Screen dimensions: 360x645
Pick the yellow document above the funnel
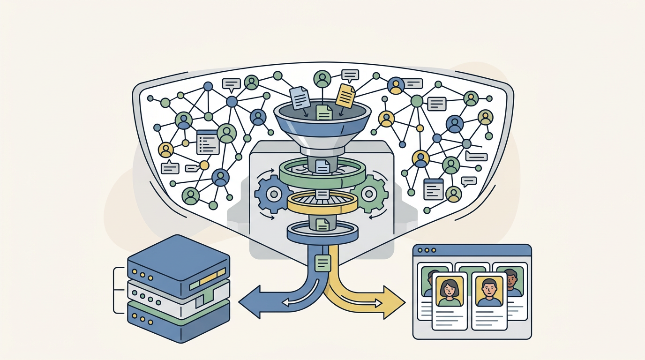click(346, 96)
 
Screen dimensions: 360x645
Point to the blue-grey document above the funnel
click(300, 98)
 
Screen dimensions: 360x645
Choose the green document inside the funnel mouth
click(323, 112)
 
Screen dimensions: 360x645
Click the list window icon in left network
click(208, 142)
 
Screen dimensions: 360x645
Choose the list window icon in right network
click(433, 189)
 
